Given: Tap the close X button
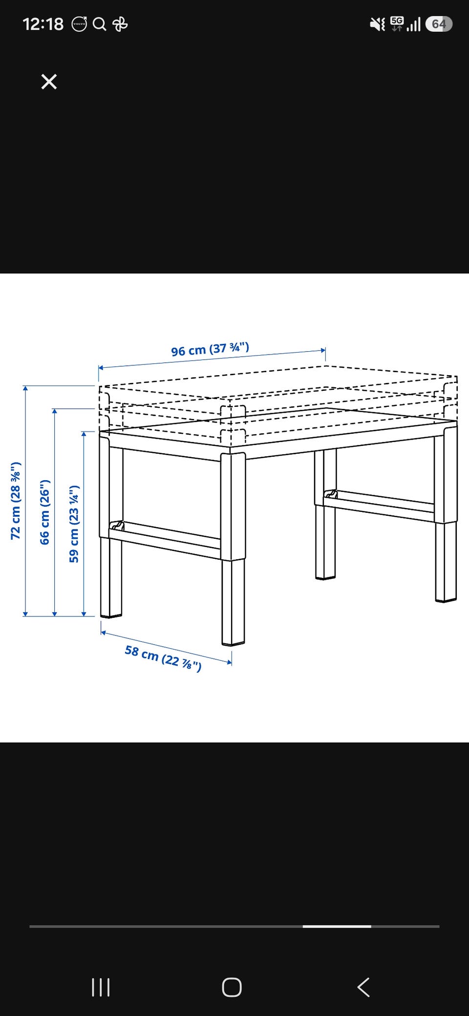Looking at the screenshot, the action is (x=49, y=82).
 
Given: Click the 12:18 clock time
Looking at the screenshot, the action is (x=43, y=24).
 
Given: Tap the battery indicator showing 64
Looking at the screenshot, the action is (x=439, y=24).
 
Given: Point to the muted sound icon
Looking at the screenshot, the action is (x=377, y=24).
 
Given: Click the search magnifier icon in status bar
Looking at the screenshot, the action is (x=99, y=24).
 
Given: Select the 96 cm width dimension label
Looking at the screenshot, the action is (x=210, y=349).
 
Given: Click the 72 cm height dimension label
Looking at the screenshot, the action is (x=16, y=500).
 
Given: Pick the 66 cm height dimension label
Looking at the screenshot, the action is (x=44, y=512).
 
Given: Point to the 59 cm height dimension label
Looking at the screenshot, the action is (x=74, y=524).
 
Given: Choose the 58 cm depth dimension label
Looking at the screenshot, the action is (x=163, y=658).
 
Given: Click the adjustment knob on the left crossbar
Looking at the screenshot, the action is (x=117, y=526).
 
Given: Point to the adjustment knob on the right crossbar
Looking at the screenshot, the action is (x=331, y=494).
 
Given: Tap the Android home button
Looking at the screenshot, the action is (x=232, y=987).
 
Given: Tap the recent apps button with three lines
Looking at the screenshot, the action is (x=101, y=987).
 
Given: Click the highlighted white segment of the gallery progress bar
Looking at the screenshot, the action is (x=337, y=926).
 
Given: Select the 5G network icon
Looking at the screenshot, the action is (x=397, y=23).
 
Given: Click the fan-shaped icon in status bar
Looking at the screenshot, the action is (x=120, y=24).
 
